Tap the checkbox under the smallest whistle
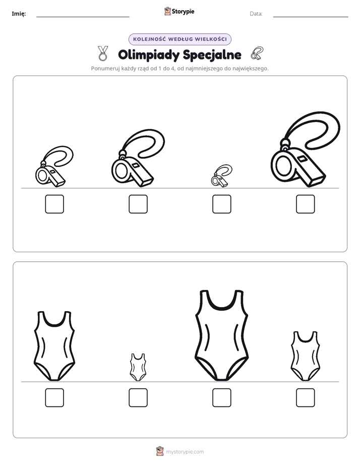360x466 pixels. [221, 204]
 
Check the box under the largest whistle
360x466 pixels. [306, 204]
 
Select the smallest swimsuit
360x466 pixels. [138, 367]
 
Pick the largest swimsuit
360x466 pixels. [221, 336]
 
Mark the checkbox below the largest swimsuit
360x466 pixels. [221, 397]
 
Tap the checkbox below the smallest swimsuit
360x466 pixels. [138, 397]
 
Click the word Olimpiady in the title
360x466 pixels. [149, 55]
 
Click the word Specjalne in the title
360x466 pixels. [212, 55]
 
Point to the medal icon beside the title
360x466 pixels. [103, 53]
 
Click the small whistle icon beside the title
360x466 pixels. [257, 53]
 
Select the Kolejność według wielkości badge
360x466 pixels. [179, 39]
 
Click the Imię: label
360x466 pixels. [19, 14]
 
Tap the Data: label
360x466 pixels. [256, 14]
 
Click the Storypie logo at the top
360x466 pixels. [179, 11]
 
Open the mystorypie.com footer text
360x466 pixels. [185, 452]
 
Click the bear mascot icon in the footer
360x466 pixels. [160, 451]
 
